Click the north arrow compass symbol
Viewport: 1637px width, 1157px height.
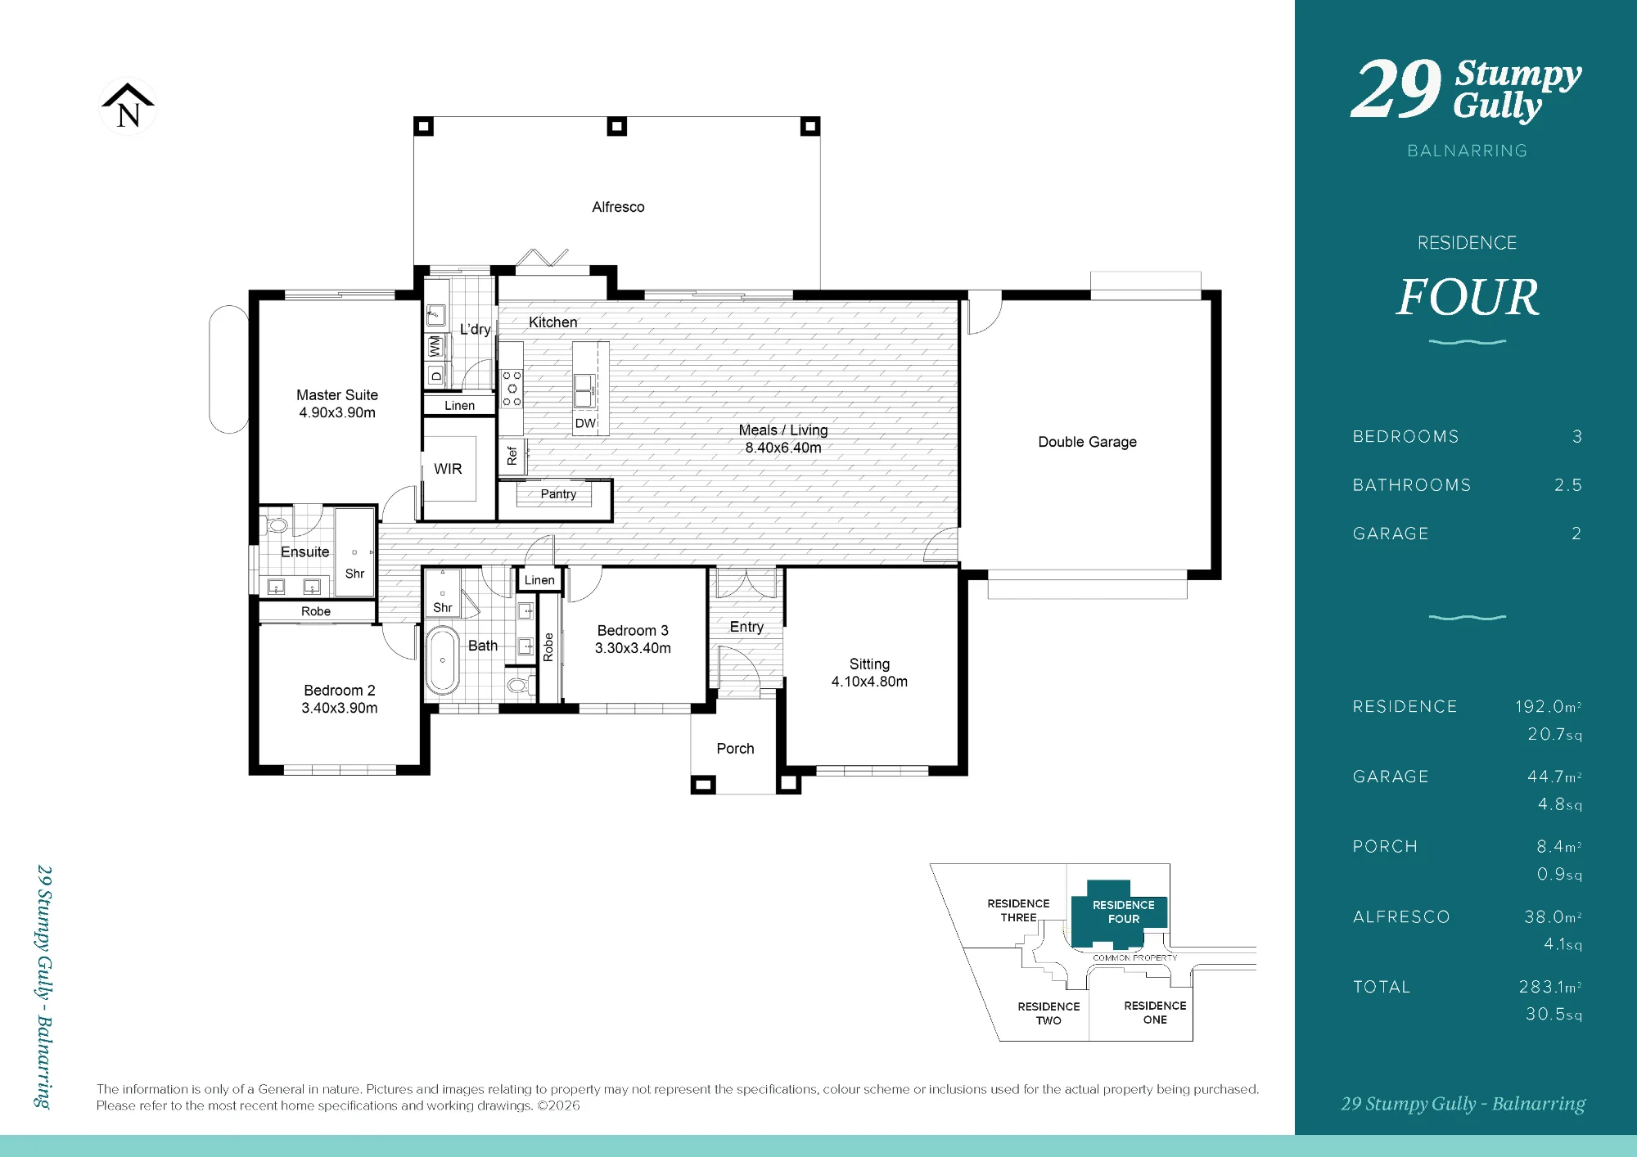128,106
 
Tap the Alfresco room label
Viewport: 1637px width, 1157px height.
618,207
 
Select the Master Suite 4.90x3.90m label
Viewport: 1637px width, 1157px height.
337,404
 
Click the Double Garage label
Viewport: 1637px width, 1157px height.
1087,442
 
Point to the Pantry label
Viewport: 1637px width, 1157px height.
558,493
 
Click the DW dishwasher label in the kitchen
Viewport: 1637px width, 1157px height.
585,423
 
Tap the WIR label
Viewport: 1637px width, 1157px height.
448,469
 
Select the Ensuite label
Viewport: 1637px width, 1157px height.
304,552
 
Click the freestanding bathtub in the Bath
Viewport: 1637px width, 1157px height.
442,660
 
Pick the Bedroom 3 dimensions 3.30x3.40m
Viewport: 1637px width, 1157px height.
633,648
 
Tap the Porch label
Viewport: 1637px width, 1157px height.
735,749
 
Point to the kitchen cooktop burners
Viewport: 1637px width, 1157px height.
512,388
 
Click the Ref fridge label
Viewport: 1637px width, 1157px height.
512,456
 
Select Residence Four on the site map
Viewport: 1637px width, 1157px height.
1123,912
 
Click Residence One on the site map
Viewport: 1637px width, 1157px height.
1155,1012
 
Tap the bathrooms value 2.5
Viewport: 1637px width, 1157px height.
1567,485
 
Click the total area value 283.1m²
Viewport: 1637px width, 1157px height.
1549,987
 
